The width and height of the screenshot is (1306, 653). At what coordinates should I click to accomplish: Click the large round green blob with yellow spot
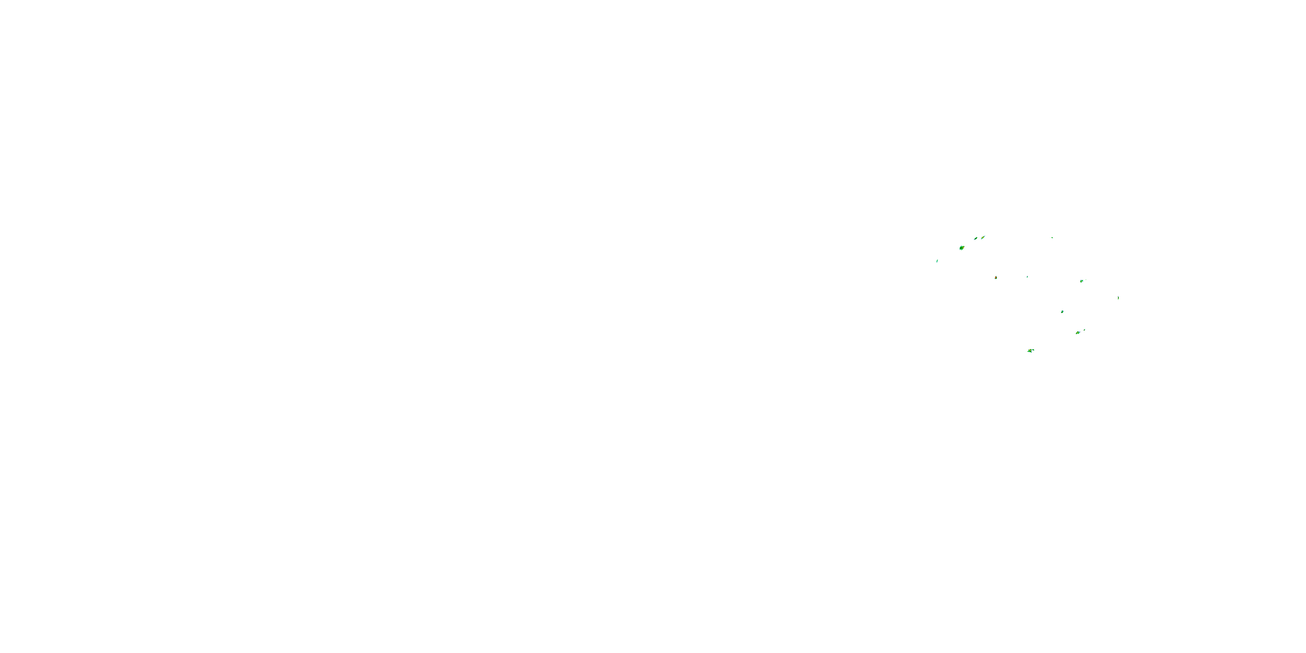click(961, 248)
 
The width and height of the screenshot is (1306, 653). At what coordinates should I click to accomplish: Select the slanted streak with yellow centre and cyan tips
click(983, 237)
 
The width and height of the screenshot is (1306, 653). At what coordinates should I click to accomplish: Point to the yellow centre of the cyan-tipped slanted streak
click(983, 237)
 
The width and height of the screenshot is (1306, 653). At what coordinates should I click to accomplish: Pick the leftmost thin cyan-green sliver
click(937, 261)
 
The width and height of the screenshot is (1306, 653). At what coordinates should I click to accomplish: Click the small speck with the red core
click(996, 278)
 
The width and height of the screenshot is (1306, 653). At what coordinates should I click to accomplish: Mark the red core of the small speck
click(996, 278)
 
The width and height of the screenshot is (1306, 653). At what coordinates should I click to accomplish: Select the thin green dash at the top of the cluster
click(1052, 237)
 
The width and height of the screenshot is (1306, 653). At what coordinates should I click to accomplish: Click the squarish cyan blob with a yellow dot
click(1081, 281)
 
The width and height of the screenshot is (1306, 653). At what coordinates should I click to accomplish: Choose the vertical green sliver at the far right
click(1118, 298)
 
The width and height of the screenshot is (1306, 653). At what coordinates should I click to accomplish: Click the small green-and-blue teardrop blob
click(1062, 312)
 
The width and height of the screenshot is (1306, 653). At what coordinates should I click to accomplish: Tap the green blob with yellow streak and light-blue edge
click(1078, 333)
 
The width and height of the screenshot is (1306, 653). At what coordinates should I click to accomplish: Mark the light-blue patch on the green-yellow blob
click(1079, 332)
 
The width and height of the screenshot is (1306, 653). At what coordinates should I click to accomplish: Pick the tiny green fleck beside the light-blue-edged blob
click(1084, 330)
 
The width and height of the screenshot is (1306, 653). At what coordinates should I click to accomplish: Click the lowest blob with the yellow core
click(1030, 350)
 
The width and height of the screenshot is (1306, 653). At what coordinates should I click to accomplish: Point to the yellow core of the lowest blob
click(1030, 350)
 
